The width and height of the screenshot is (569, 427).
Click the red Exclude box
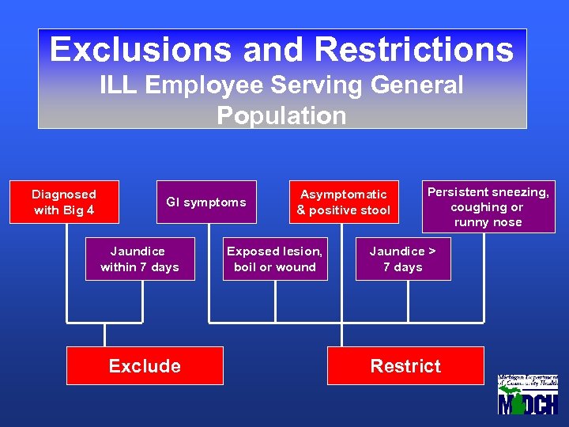pos(145,366)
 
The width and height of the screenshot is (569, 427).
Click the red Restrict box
pos(405,366)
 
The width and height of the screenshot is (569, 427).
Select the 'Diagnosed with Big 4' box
pos(64,202)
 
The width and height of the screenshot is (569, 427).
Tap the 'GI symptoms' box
pos(206,202)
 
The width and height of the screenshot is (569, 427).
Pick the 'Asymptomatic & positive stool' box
pos(344,202)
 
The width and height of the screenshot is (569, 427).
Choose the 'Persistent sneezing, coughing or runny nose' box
pos(488,207)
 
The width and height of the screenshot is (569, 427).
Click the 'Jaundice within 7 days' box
pos(140,259)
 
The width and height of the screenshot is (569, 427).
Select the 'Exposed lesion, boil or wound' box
pos(275,259)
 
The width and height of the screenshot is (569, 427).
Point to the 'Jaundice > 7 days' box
pos(403,259)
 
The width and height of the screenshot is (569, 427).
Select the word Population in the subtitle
pos(281,115)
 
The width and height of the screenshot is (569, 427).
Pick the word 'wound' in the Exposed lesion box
pos(296,267)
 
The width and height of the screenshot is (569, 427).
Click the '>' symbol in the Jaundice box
pos(431,251)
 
